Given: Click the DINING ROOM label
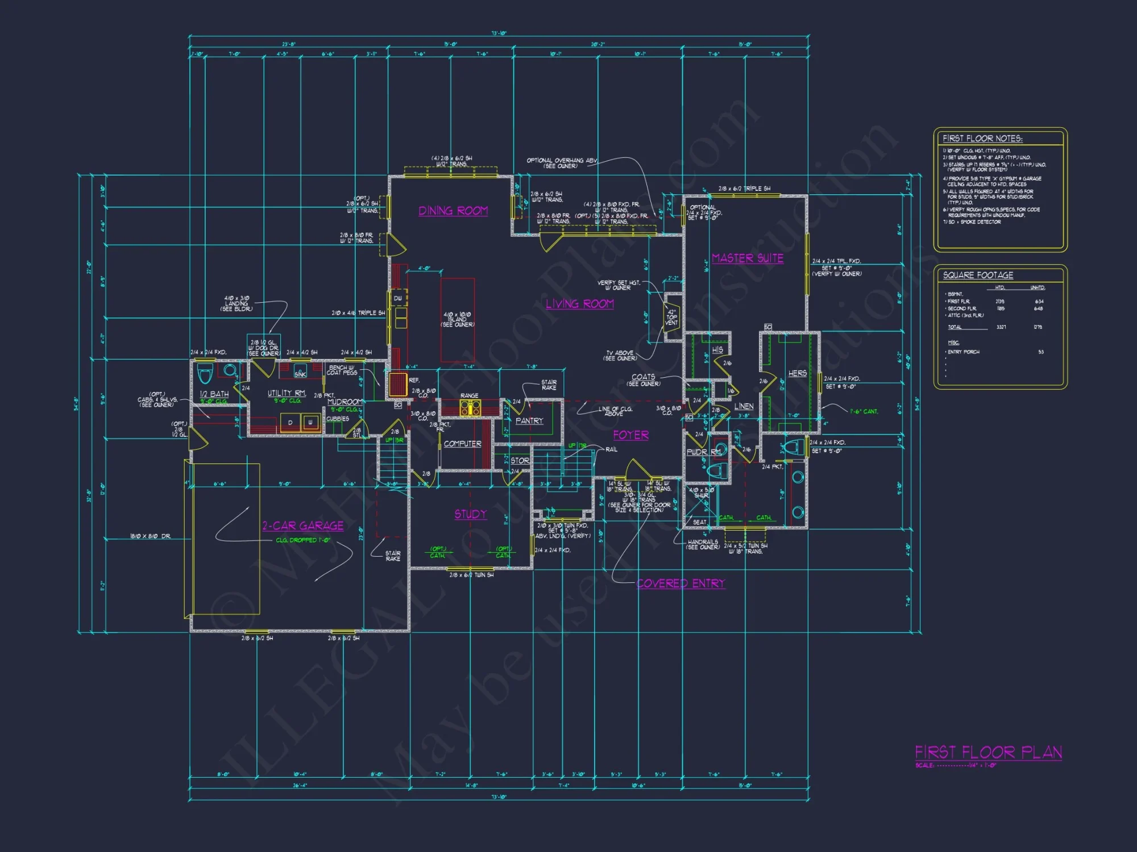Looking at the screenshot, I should tap(453, 211).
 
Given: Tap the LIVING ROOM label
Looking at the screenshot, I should tap(580, 304).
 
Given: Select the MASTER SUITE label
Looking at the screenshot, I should tap(748, 258).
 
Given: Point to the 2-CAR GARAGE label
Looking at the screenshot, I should tap(302, 526).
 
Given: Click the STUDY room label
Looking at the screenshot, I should tap(470, 514).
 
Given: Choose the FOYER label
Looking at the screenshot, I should tap(630, 435).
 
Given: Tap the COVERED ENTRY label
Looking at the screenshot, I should tap(680, 583).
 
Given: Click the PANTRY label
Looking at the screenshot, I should tap(529, 421).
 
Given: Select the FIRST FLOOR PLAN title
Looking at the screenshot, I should tap(988, 753).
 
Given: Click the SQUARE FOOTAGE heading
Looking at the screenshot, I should tap(978, 275).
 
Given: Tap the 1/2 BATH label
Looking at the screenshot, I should tap(214, 394).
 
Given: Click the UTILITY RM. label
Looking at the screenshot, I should tap(287, 393).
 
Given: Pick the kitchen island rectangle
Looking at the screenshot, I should tap(458, 319).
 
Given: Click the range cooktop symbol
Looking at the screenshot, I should tap(470, 407).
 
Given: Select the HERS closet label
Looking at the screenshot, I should tap(797, 373).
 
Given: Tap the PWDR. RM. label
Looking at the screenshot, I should tap(703, 452).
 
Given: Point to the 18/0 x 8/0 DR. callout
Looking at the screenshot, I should tap(150, 536).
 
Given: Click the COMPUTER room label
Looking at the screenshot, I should tap(462, 444).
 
